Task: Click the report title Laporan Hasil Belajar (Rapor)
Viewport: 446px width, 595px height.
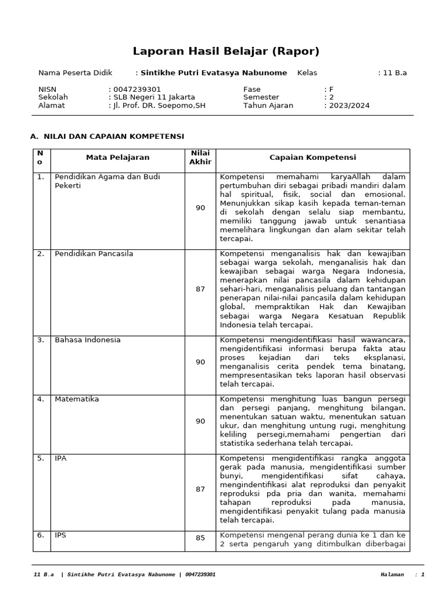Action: click(226, 51)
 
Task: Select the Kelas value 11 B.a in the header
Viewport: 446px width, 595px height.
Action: click(395, 73)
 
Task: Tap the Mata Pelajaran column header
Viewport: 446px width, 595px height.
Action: click(117, 157)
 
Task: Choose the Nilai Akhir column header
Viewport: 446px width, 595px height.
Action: click(200, 157)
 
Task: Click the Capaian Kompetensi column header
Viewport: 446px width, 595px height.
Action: click(312, 157)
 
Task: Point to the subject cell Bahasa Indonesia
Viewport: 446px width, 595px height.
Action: click(88, 340)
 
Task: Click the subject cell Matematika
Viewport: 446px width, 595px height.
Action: click(77, 399)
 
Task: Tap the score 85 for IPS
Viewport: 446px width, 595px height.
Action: click(200, 538)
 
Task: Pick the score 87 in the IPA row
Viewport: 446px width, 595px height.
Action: click(200, 489)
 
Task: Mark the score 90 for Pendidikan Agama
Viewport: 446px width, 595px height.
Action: click(200, 207)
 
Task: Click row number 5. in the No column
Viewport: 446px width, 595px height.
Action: click(41, 458)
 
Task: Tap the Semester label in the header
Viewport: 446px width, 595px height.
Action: click(261, 97)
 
